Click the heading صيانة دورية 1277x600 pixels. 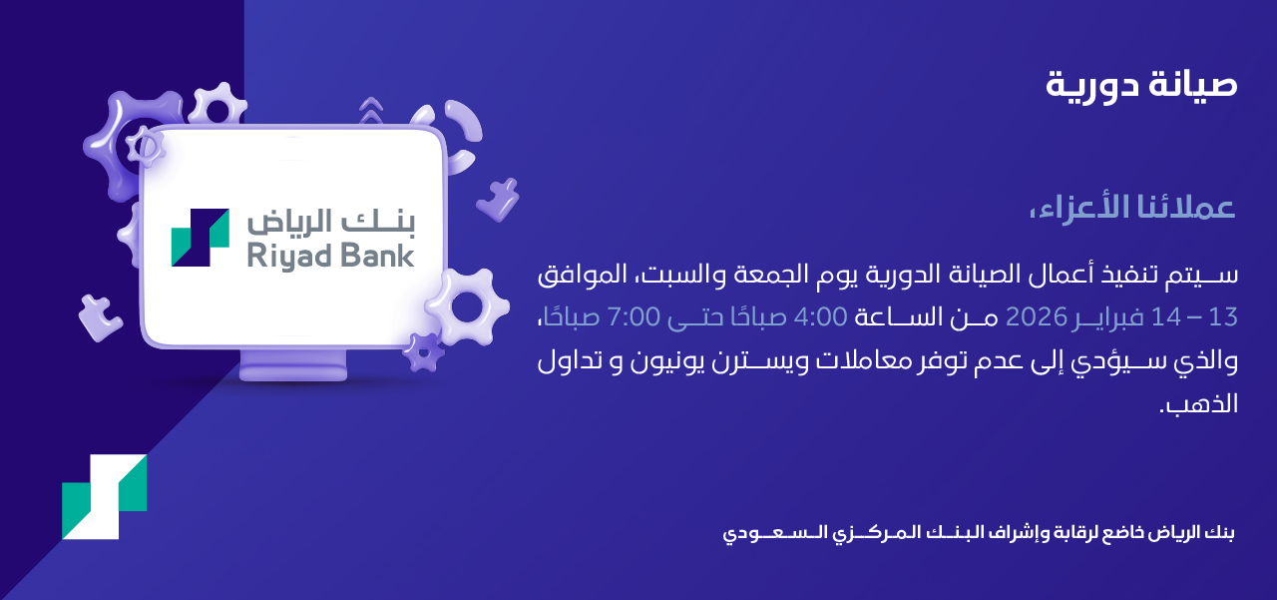pyautogui.click(x=1141, y=86)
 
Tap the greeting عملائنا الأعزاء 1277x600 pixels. pyautogui.click(x=1132, y=207)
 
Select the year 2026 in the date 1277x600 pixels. pyautogui.click(x=1036, y=316)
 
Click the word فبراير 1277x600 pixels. pyautogui.click(x=1107, y=317)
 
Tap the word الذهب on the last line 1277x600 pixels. pyautogui.click(x=1199, y=403)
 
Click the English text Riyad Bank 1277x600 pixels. pyautogui.click(x=330, y=256)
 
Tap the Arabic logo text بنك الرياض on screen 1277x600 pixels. pyautogui.click(x=330, y=222)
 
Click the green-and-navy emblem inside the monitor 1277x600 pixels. pyautogui.click(x=201, y=238)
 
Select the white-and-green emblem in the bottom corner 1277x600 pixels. pyautogui.click(x=105, y=497)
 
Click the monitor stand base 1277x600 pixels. pyautogui.click(x=293, y=366)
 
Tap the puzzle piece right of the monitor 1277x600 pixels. pyautogui.click(x=498, y=199)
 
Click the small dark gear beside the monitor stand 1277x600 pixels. pyautogui.click(x=423, y=351)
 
